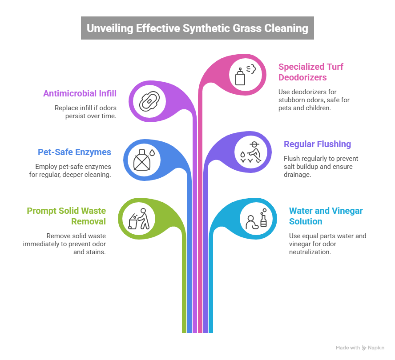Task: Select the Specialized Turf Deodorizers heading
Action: click(310, 72)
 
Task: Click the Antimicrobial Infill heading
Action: click(80, 93)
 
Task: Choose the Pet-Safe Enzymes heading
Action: click(74, 152)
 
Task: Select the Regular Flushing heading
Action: click(317, 144)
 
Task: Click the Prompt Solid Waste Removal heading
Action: click(66, 216)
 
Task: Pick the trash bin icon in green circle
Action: click(133, 221)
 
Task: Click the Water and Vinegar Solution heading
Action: click(326, 216)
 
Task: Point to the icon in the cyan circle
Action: click(256, 218)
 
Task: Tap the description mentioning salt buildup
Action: click(321, 167)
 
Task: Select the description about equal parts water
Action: click(327, 244)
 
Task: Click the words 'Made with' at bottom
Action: click(347, 348)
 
